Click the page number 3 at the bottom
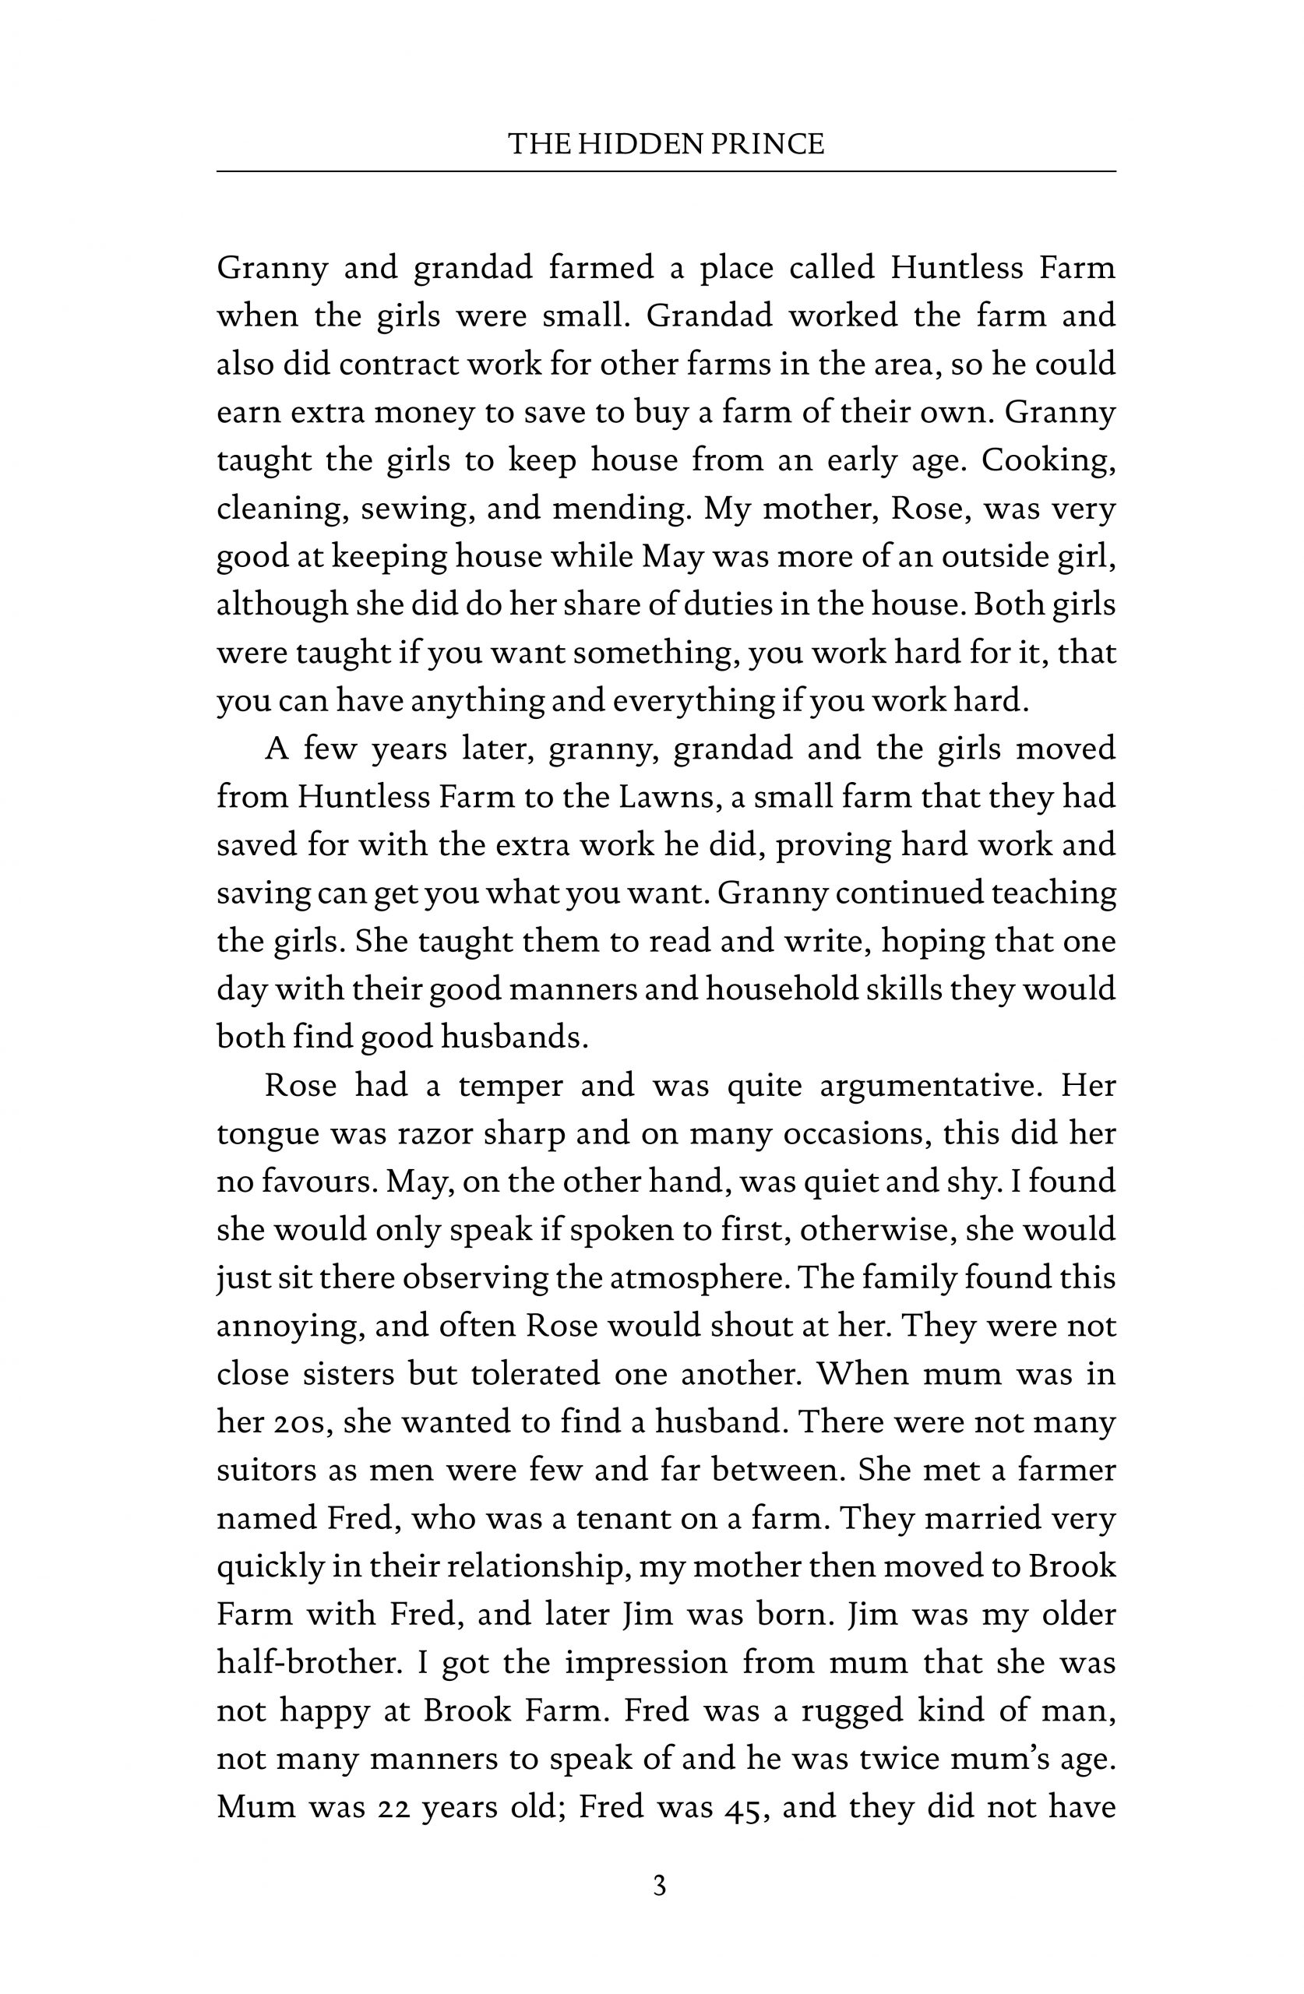[660, 1887]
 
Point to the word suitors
[263, 1471]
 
